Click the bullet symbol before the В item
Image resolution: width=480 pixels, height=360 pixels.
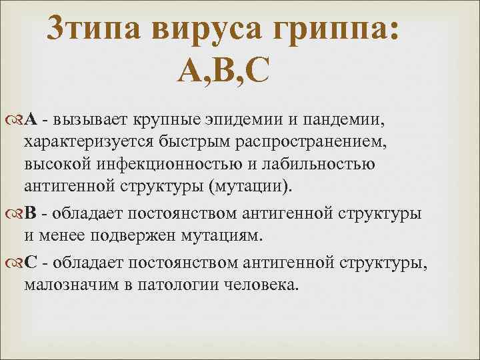click(x=18, y=213)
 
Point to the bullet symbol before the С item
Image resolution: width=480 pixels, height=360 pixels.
click(x=18, y=263)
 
